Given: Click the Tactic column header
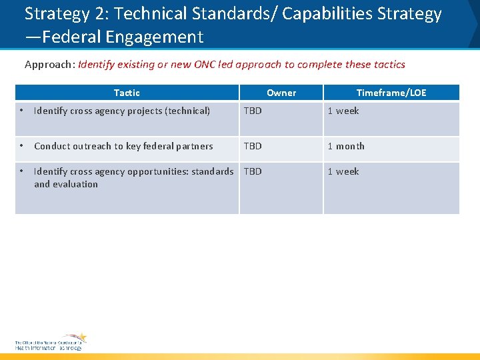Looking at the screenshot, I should point(127,93).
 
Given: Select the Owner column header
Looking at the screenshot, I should point(281,93).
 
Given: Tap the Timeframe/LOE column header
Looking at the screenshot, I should point(391,93).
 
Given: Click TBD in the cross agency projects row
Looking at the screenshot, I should point(253,111).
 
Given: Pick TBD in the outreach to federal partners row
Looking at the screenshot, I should point(253,146).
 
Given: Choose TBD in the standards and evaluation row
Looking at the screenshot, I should point(253,171).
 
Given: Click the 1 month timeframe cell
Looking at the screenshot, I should point(346,146).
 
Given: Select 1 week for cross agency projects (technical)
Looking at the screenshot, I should point(343,111).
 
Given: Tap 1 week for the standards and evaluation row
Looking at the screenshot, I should point(343,171).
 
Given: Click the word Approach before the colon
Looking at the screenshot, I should point(49,65).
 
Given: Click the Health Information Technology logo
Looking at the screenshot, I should point(51,342).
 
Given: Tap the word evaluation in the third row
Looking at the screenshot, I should point(75,184).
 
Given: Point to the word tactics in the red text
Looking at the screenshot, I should point(389,65).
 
